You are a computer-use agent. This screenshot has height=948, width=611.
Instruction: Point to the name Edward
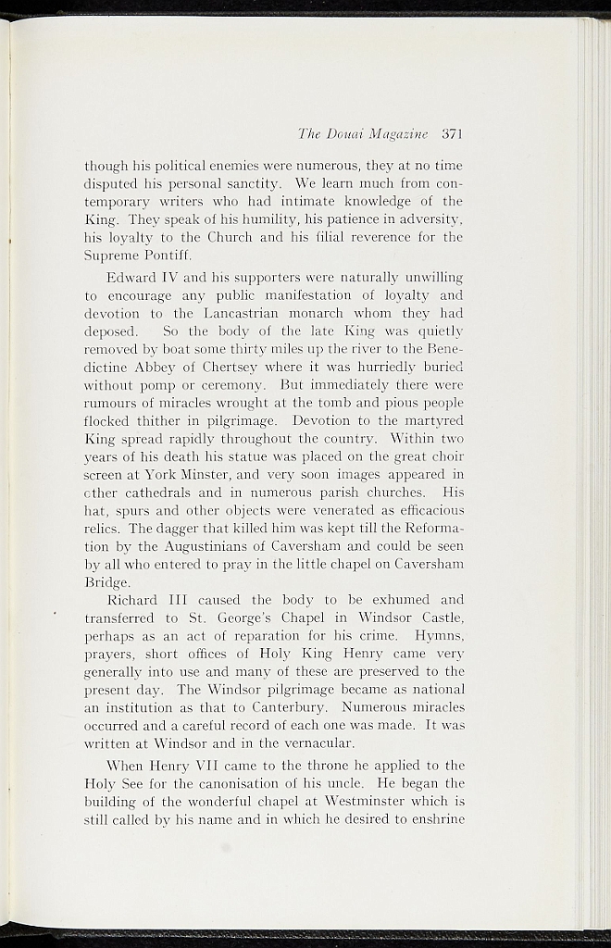point(130,278)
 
